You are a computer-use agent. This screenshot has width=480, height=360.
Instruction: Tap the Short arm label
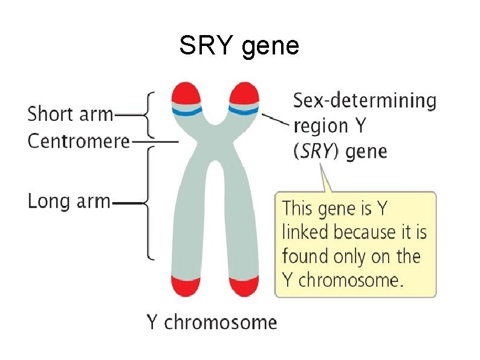[x=70, y=113]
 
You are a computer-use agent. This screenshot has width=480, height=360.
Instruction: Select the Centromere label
[x=79, y=141]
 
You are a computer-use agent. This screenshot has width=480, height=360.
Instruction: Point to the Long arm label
[x=69, y=201]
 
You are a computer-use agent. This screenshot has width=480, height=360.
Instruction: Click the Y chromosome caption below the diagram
[x=212, y=322]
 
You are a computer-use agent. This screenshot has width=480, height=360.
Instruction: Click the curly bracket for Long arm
[x=148, y=203]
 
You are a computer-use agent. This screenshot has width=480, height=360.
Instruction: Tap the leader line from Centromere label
[x=154, y=142]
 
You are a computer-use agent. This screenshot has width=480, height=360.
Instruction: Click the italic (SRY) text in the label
[x=317, y=151]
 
